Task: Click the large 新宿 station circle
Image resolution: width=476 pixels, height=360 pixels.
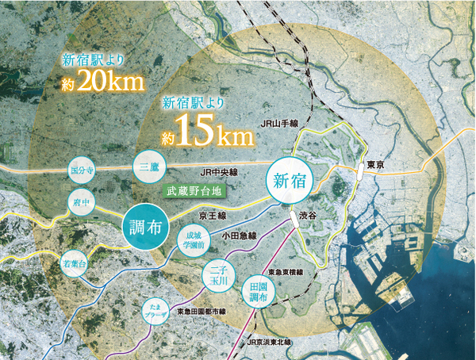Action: [288, 182]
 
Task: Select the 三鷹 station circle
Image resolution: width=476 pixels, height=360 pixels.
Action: [150, 167]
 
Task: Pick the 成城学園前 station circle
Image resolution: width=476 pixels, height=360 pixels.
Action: [194, 240]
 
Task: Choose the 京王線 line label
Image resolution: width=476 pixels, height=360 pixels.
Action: [212, 215]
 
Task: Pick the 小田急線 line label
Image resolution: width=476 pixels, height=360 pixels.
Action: [239, 236]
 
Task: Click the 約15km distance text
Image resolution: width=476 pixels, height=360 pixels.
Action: [208, 132]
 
